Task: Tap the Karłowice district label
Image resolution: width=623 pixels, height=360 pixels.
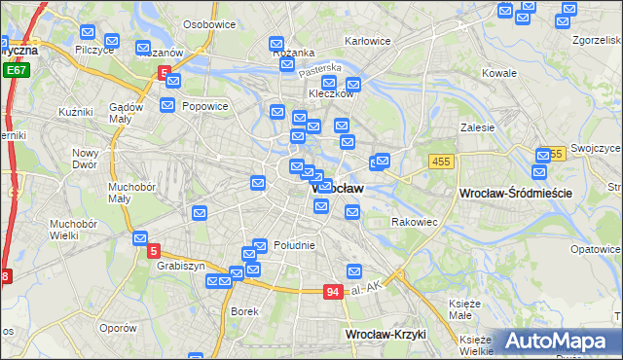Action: pyautogui.click(x=368, y=41)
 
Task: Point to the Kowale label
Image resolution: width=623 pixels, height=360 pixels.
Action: pyautogui.click(x=499, y=73)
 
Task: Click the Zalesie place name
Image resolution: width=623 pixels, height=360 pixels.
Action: pyautogui.click(x=478, y=126)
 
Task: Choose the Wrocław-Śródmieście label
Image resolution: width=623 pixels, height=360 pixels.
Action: pyautogui.click(x=514, y=194)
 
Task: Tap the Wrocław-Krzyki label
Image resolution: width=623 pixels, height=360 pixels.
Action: pyautogui.click(x=385, y=334)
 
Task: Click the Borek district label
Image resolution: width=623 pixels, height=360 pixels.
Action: pyautogui.click(x=244, y=311)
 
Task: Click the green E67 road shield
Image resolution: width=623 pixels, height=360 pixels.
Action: pyautogui.click(x=16, y=70)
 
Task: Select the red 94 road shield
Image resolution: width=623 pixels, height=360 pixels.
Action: pyautogui.click(x=333, y=292)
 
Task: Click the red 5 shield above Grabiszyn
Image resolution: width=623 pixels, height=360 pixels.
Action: pyautogui.click(x=155, y=251)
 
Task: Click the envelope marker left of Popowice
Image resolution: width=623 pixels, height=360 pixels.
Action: pyautogui.click(x=167, y=105)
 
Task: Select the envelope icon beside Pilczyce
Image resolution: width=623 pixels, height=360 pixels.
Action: pyautogui.click(x=111, y=41)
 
